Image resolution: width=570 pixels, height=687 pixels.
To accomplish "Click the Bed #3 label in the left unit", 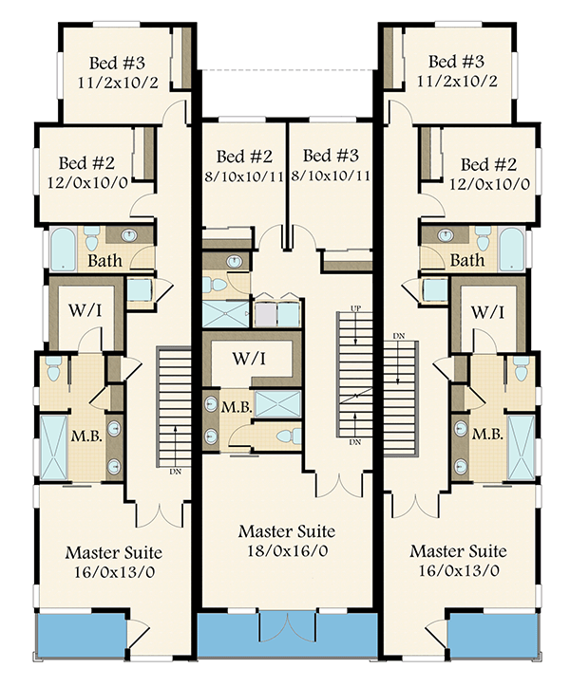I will [117, 64].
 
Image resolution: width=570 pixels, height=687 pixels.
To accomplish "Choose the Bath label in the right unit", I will [466, 260].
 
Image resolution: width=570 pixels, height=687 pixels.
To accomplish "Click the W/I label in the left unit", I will [85, 311].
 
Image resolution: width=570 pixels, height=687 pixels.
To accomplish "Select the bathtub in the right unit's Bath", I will [509, 250].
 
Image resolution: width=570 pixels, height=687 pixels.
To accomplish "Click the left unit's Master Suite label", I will [113, 552].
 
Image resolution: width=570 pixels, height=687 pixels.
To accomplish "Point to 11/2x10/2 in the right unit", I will [458, 83].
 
